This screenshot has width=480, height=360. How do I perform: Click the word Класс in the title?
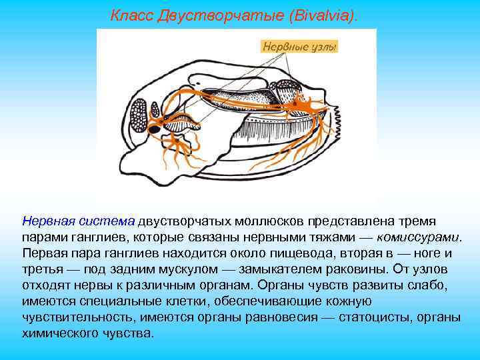point(131,15)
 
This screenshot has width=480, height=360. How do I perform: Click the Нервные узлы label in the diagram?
point(299,47)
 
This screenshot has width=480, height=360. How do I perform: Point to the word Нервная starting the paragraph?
point(44,221)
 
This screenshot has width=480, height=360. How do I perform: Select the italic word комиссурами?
point(418,237)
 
